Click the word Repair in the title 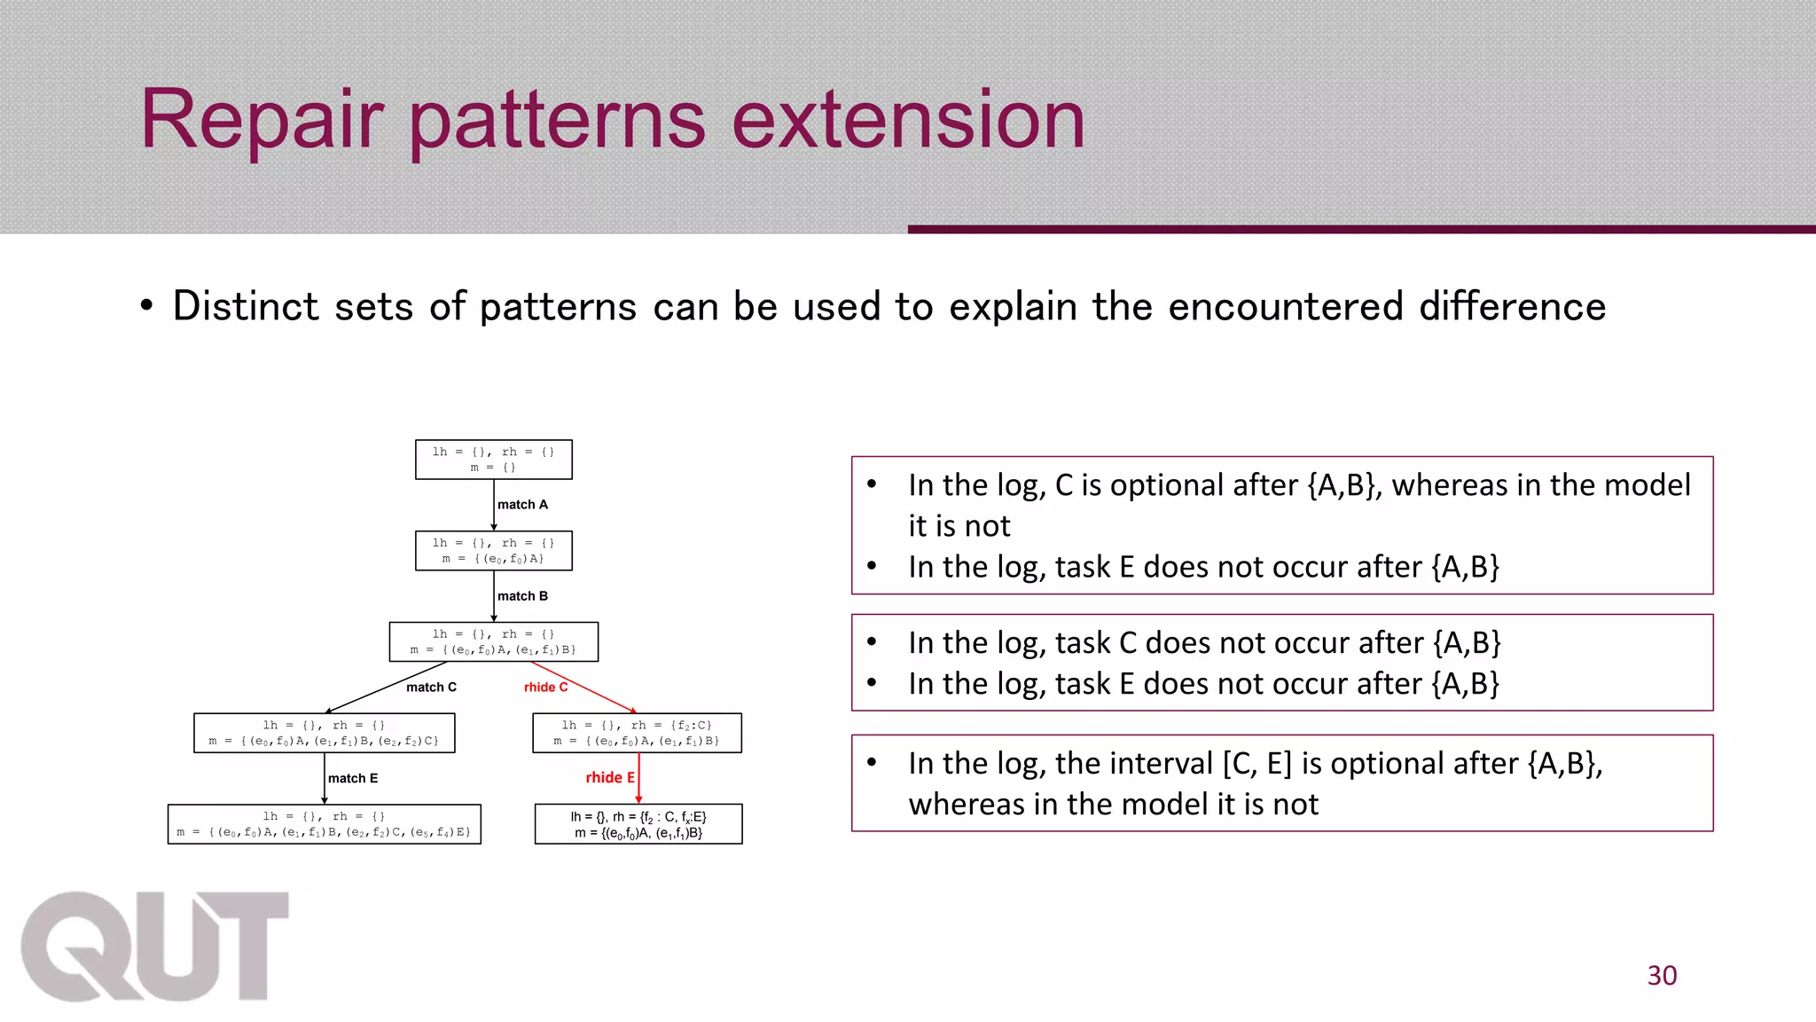[262, 120]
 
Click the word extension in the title [908, 120]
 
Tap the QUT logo [155, 947]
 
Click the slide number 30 [1662, 975]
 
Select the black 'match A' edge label [522, 505]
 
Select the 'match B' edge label [522, 596]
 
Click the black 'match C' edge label [431, 688]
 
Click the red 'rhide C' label [545, 688]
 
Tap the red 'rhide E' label [610, 778]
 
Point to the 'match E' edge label [353, 779]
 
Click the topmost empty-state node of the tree [494, 460]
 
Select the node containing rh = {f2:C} [637, 733]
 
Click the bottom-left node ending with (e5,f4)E [325, 824]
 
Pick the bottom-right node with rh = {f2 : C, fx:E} [638, 824]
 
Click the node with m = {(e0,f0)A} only [494, 551]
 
